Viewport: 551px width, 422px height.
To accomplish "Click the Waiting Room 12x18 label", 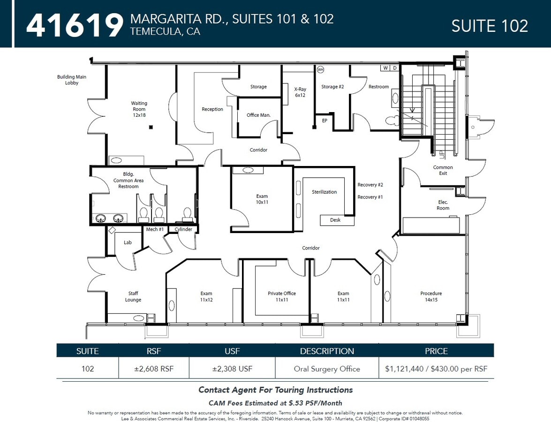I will (139, 109).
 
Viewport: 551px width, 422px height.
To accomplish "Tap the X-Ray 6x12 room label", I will (300, 92).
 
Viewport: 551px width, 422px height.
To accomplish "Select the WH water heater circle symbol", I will (321, 69).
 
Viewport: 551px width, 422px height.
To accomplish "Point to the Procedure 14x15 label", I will (431, 296).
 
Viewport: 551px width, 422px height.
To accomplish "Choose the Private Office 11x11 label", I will (282, 296).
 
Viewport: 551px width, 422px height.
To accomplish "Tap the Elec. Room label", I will (443, 205).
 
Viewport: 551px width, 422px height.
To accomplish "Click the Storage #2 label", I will (332, 87).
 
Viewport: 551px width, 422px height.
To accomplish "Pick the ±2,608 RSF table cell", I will (153, 369).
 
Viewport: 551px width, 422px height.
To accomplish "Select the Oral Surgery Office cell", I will (327, 369).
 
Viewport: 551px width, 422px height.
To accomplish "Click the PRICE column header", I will (436, 351).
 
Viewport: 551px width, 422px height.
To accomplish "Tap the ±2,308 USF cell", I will (232, 369).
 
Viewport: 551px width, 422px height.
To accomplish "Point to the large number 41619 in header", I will (75, 25).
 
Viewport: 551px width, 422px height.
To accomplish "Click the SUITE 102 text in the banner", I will (490, 26).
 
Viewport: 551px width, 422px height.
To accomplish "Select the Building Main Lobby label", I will (72, 80).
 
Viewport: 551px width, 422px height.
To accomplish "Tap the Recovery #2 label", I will (370, 185).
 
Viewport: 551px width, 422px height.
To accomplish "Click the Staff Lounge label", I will (133, 296).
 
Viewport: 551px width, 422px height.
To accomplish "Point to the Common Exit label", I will (443, 170).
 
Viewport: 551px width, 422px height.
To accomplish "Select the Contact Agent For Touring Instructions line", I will (275, 390).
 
